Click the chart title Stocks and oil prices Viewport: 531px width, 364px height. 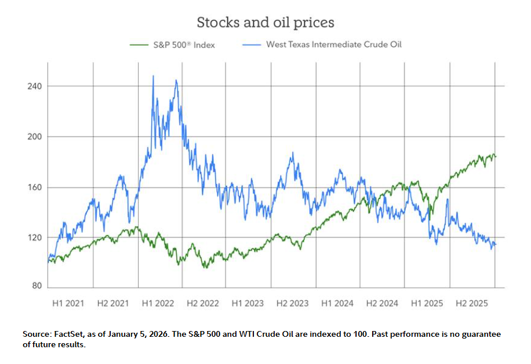[x=265, y=23]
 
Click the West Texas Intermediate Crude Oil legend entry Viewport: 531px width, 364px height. [x=333, y=45]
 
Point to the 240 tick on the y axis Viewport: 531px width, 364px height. [x=35, y=86]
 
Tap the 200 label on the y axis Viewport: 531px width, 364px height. [x=35, y=137]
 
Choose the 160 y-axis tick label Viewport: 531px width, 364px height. [x=35, y=187]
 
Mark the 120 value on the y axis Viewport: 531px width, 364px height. [x=35, y=238]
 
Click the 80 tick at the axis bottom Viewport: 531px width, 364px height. [x=38, y=285]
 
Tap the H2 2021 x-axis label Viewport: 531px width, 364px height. [x=113, y=303]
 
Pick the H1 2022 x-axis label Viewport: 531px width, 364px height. [x=158, y=303]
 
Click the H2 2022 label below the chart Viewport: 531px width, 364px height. [x=202, y=303]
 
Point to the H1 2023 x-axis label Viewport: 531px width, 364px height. [x=248, y=303]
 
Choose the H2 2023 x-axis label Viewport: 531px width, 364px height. [x=292, y=303]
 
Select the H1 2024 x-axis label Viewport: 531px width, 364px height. [x=337, y=303]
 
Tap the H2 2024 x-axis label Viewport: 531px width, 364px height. [x=382, y=303]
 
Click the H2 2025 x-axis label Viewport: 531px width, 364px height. [x=471, y=303]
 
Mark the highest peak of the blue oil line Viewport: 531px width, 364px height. [x=153, y=76]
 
